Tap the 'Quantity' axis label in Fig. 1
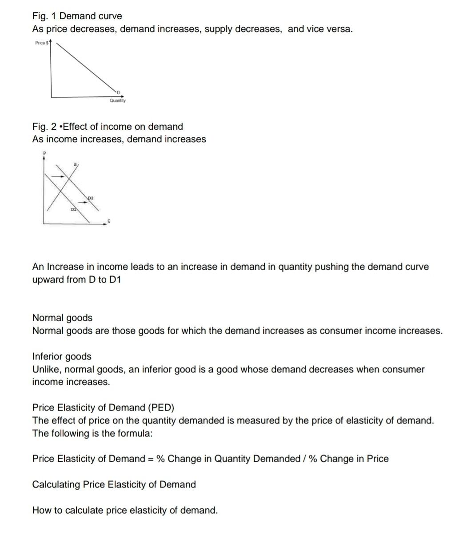(x=118, y=101)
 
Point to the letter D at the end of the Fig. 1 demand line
(x=118, y=92)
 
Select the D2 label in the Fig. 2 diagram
(x=91, y=197)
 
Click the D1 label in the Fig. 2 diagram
(x=74, y=209)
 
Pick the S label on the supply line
(x=76, y=164)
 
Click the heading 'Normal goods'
(x=62, y=318)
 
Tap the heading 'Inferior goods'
(x=62, y=356)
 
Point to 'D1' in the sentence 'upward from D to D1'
(x=114, y=279)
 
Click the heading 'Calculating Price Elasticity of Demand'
(x=114, y=484)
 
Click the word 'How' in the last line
(x=41, y=510)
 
